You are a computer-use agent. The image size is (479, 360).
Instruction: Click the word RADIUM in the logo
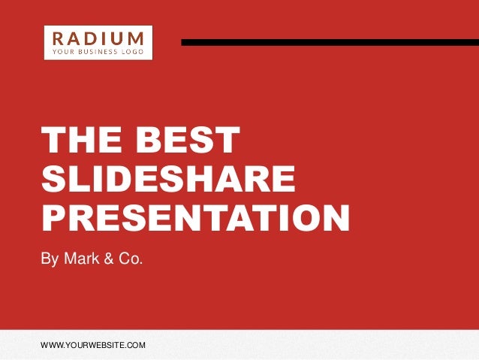99,38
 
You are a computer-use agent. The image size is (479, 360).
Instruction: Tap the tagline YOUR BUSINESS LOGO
99,52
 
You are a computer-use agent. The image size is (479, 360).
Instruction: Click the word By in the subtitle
50,260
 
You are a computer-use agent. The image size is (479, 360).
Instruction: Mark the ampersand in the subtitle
110,259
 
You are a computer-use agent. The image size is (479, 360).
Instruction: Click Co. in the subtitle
130,259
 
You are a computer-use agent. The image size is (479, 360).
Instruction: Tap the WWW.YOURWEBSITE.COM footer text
93,345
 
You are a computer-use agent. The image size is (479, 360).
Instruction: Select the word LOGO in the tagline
135,52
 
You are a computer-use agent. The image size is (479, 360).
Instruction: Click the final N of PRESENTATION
335,216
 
